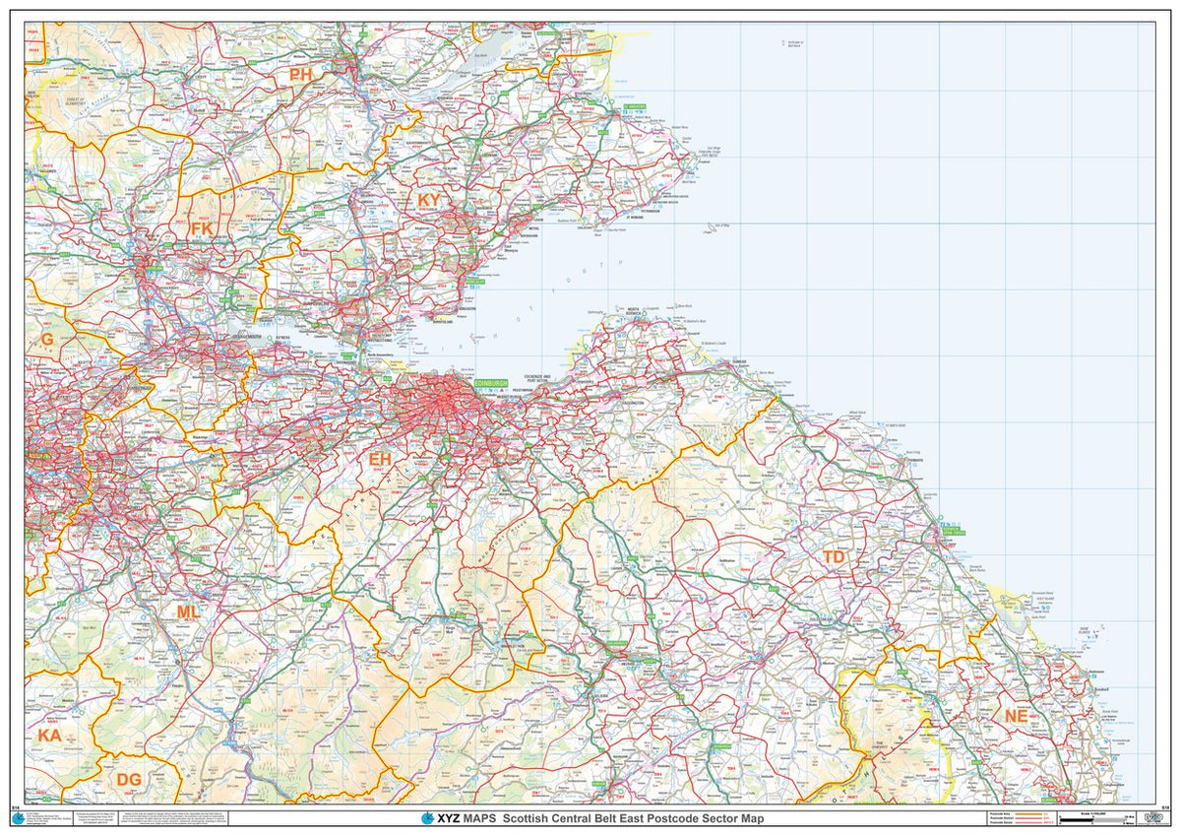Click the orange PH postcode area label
click(301, 75)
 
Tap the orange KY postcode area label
click(429, 200)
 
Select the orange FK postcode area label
click(201, 228)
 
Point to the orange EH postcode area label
click(380, 459)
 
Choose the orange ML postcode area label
click(187, 612)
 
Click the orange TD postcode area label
click(834, 557)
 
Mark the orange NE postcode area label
click(1016, 716)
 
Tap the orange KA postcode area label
click(49, 736)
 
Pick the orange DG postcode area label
click(129, 780)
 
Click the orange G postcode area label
click(46, 340)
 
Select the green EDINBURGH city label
click(490, 382)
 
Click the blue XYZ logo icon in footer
click(427, 818)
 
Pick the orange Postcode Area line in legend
click(1028, 813)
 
